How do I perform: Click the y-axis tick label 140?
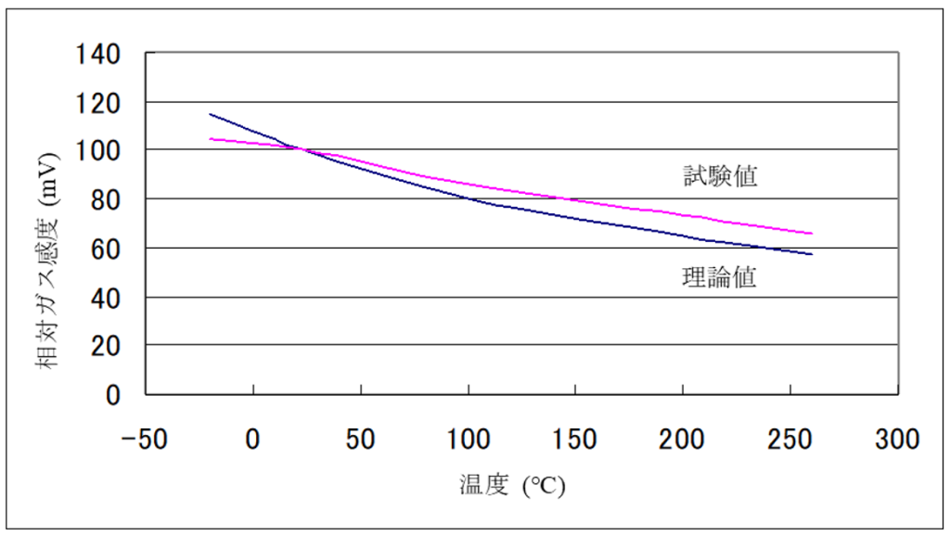pyautogui.click(x=99, y=54)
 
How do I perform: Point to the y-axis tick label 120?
pyautogui.click(x=99, y=103)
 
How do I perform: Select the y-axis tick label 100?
pyautogui.click(x=99, y=151)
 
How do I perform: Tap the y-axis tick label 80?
pyautogui.click(x=107, y=200)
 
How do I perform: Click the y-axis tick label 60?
pyautogui.click(x=107, y=249)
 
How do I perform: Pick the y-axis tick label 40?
pyautogui.click(x=107, y=298)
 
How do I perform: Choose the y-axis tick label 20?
pyautogui.click(x=107, y=346)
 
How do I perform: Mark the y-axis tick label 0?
pyautogui.click(x=114, y=395)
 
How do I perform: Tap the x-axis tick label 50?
pyautogui.click(x=360, y=439)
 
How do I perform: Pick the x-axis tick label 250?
pyautogui.click(x=790, y=439)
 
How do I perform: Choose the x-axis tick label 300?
pyautogui.click(x=897, y=439)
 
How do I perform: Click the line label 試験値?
pyautogui.click(x=720, y=176)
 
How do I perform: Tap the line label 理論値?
pyautogui.click(x=720, y=277)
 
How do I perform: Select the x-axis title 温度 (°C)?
pyautogui.click(x=511, y=485)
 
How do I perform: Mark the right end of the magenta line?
pyautogui.click(x=812, y=234)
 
